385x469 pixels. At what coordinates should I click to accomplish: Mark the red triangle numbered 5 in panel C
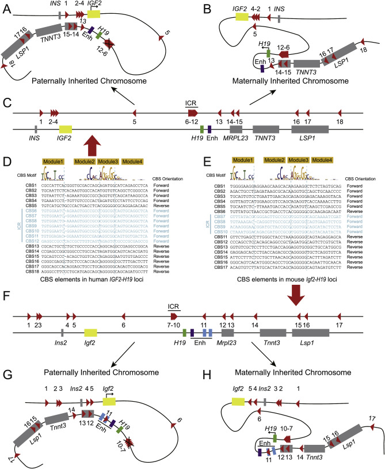click(134, 112)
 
